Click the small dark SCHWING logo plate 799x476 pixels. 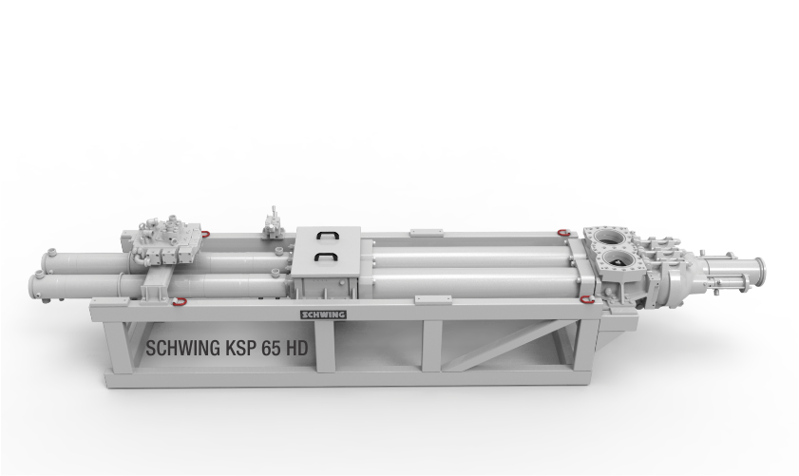pyautogui.click(x=323, y=314)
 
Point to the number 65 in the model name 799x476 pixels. pyautogui.click(x=271, y=349)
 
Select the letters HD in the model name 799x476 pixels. pyautogui.click(x=297, y=349)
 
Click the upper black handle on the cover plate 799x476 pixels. pyautogui.click(x=327, y=235)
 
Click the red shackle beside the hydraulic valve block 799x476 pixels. pyautogui.click(x=205, y=234)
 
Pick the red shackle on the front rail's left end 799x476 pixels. pyautogui.click(x=180, y=302)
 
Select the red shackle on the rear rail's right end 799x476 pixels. pyautogui.click(x=563, y=233)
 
